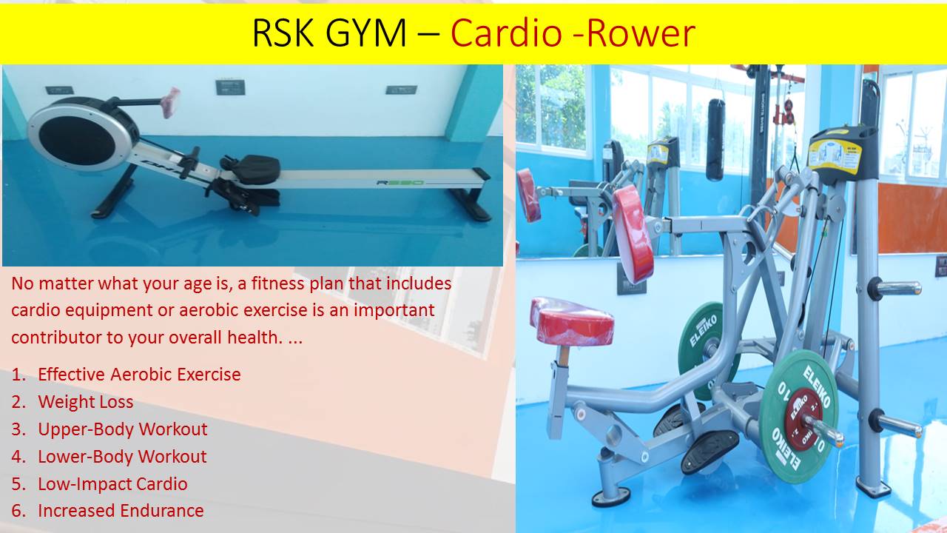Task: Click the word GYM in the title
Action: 365,33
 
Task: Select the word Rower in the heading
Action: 641,33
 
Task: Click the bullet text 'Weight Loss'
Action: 85,402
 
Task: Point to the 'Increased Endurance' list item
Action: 121,511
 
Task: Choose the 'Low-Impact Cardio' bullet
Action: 113,484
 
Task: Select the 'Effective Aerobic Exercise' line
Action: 140,375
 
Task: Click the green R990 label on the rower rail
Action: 400,183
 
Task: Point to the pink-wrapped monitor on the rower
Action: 170,102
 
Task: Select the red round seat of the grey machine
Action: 572,321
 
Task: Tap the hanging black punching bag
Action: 715,140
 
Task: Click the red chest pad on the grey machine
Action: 633,234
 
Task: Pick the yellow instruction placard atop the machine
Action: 835,156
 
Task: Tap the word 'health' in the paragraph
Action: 252,338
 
